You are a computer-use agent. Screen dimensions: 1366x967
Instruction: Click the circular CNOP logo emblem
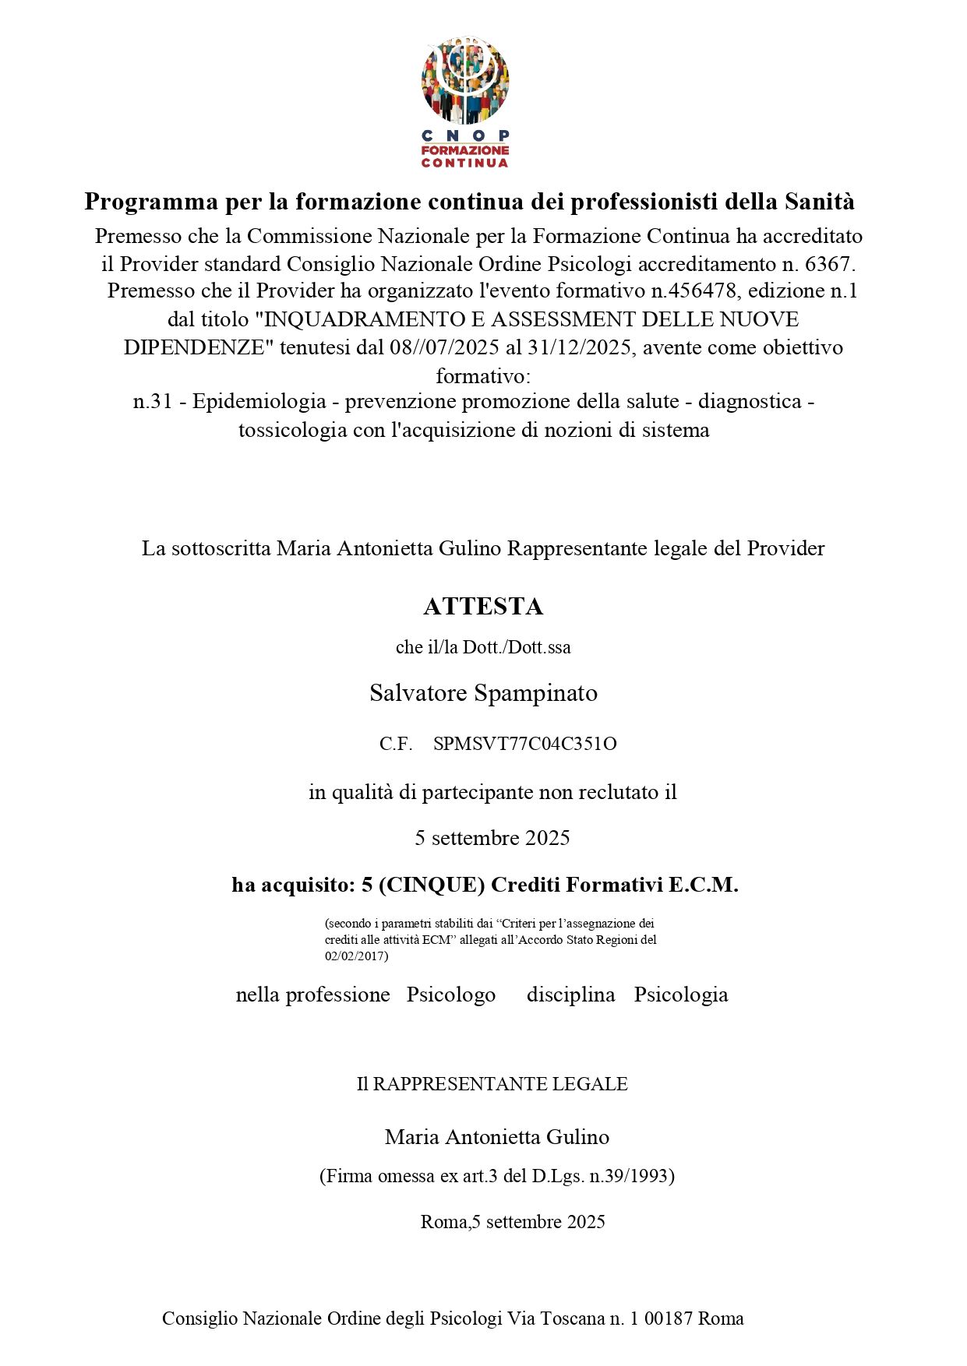coord(465,80)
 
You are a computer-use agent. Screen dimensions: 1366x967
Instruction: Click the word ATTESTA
coord(483,606)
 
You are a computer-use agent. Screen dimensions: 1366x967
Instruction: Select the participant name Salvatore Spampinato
coord(483,692)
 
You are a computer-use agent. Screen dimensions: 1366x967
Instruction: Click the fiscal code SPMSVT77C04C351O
coord(524,744)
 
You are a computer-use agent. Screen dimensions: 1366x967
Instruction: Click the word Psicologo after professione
coord(450,995)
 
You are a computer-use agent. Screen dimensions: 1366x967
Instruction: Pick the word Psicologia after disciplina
coord(680,995)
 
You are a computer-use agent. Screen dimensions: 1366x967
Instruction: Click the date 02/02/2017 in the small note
coord(355,956)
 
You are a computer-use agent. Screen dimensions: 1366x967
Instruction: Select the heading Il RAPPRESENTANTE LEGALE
coord(492,1084)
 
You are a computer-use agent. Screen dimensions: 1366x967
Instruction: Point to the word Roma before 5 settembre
coord(443,1221)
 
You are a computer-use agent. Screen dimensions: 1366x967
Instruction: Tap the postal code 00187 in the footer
coord(669,1318)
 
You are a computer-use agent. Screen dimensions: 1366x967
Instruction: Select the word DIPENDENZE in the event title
coord(194,347)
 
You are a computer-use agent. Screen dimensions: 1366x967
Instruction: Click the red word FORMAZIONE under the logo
coord(465,150)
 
